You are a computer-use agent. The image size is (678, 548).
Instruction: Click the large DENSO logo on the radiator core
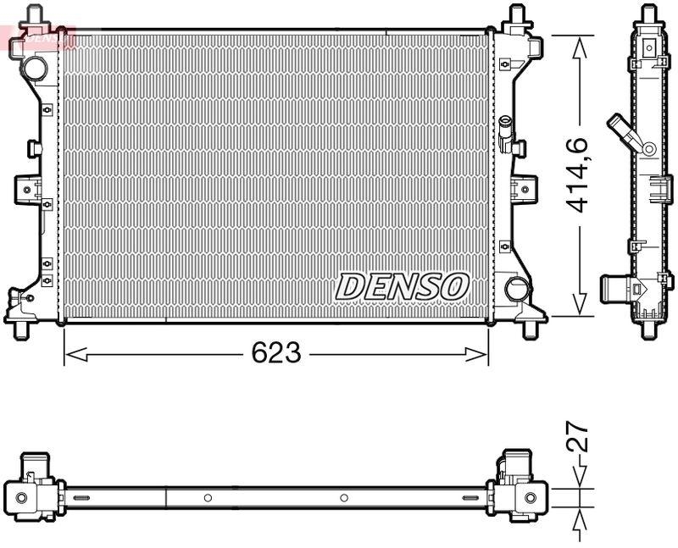click(x=403, y=286)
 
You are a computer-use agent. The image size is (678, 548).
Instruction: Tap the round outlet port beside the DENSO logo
click(x=515, y=288)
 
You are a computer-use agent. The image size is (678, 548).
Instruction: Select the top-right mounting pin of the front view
click(x=516, y=15)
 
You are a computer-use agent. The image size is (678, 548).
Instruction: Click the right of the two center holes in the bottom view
click(x=343, y=497)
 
